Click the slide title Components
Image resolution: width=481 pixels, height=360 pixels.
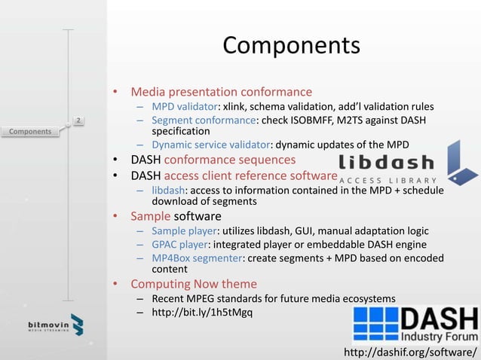tap(291, 46)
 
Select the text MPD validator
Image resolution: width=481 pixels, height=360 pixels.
tap(185, 106)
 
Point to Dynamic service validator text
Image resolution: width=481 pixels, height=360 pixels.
tap(210, 145)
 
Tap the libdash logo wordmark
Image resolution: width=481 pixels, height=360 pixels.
tap(386, 163)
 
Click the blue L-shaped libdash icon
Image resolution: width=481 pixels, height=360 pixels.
tap(461, 162)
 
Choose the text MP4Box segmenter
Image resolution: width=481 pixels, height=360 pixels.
tap(196, 258)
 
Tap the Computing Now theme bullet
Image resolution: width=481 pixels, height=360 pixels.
tap(194, 284)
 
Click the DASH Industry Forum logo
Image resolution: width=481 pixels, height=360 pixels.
tap(415, 325)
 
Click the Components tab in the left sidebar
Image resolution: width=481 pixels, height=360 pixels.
tap(30, 132)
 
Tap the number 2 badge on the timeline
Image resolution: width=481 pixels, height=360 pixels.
tap(78, 120)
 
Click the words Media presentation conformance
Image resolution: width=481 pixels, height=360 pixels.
tap(221, 92)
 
